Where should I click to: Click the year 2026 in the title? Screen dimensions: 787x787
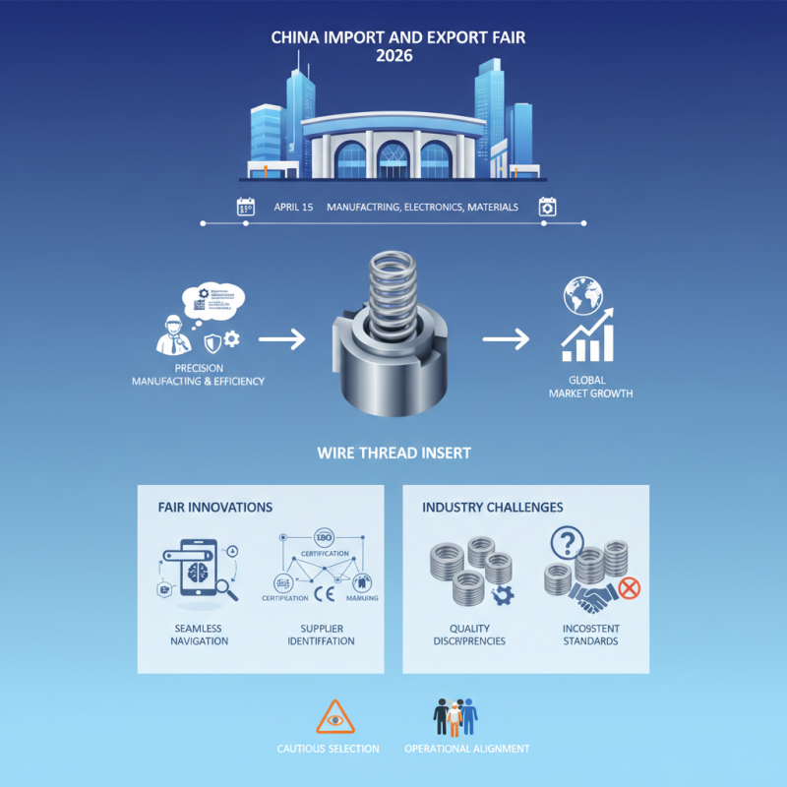pyautogui.click(x=393, y=56)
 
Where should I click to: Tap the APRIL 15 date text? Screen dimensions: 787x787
pyautogui.click(x=291, y=208)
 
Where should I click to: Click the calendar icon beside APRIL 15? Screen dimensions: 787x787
pyautogui.click(x=246, y=207)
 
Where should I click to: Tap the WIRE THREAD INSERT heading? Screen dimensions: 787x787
pyautogui.click(x=393, y=454)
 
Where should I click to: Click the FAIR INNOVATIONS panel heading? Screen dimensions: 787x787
pyautogui.click(x=214, y=507)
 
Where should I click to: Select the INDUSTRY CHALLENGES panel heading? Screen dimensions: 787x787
pyautogui.click(x=492, y=507)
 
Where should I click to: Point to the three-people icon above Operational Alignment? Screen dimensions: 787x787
pyautogui.click(x=454, y=717)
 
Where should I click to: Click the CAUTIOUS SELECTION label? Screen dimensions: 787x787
pyautogui.click(x=329, y=749)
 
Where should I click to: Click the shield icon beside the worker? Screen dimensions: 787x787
pyautogui.click(x=212, y=342)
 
